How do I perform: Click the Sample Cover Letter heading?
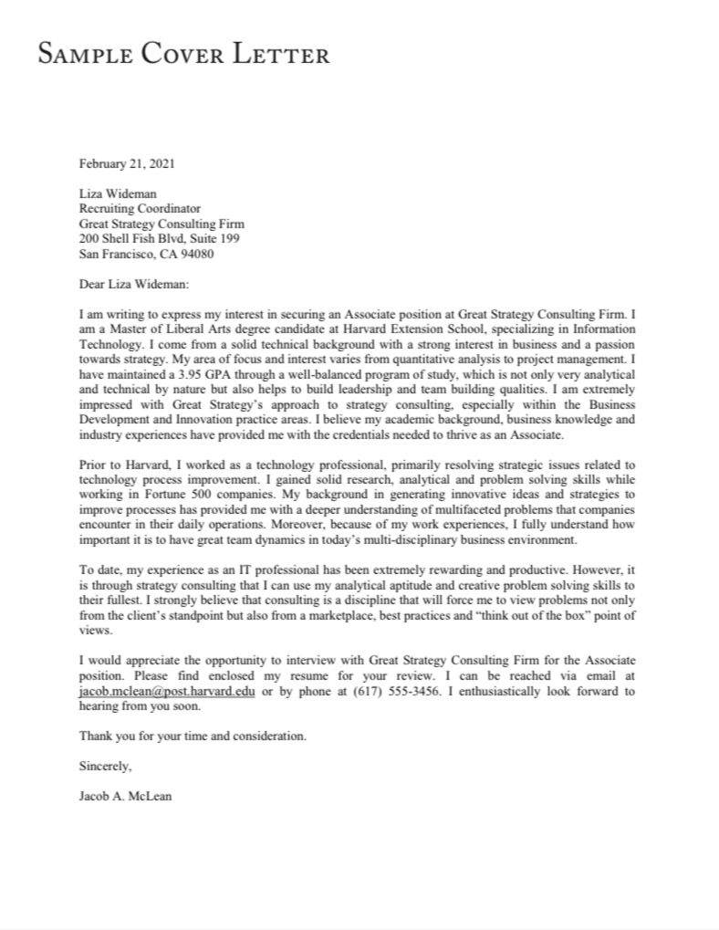coord(183,55)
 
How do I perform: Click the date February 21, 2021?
coord(126,164)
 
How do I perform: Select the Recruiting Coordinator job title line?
coord(140,208)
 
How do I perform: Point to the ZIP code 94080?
coord(196,254)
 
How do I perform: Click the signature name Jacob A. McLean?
coord(125,795)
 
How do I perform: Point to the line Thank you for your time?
coord(193,735)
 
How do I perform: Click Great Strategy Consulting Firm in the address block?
coord(162,224)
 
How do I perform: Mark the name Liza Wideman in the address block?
coord(118,193)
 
